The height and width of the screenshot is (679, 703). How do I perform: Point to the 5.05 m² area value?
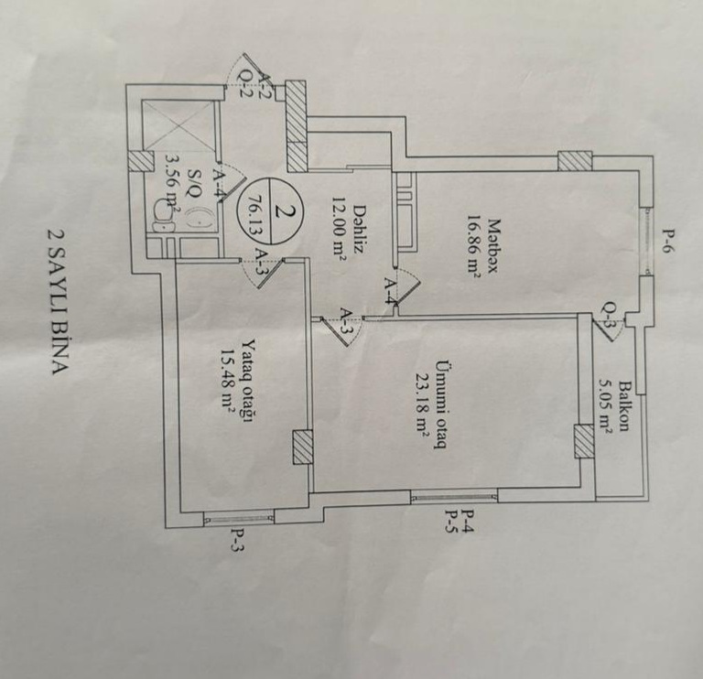point(605,404)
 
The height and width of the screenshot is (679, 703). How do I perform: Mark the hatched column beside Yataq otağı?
point(303,448)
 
